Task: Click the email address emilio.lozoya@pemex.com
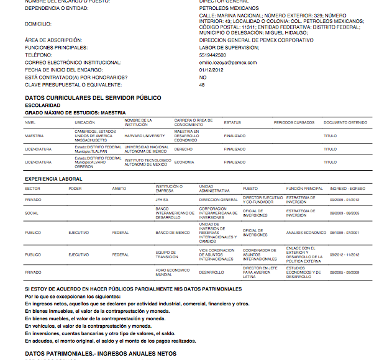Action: point(228,63)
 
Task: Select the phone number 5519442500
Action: point(212,55)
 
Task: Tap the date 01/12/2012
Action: point(211,70)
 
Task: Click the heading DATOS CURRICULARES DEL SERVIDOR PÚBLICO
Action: point(93,98)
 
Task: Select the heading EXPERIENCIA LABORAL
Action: point(53,179)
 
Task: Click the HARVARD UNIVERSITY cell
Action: point(145,135)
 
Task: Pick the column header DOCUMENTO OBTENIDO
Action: point(345,122)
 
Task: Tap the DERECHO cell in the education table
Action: point(183,149)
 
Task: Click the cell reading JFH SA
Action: point(162,200)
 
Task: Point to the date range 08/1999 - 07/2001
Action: point(345,233)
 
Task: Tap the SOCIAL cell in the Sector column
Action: point(32,213)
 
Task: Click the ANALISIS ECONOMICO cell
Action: point(306,233)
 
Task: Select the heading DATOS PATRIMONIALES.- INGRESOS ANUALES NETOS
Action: point(101,353)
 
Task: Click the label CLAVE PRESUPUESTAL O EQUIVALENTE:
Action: point(73,85)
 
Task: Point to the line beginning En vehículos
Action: point(88,326)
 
